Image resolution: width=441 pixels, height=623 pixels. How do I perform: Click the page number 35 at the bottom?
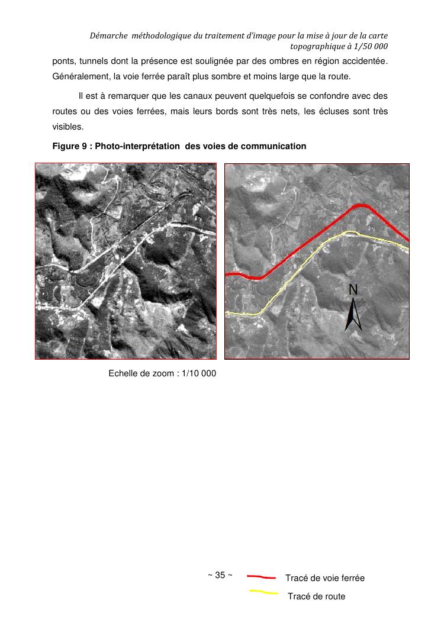(x=220, y=575)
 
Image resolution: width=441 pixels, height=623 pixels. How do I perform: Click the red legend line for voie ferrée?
(x=261, y=576)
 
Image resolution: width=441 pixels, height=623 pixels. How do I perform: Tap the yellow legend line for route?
(x=263, y=592)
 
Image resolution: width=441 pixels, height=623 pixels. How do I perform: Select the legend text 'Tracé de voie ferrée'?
(x=324, y=578)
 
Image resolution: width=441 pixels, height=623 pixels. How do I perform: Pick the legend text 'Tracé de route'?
(x=316, y=596)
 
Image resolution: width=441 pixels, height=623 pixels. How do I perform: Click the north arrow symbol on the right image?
(x=353, y=315)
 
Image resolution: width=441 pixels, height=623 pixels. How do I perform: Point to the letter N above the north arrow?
(x=353, y=289)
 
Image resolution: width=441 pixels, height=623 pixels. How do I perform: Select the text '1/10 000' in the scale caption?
(x=198, y=373)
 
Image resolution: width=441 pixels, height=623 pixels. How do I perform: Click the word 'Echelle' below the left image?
(x=124, y=373)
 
